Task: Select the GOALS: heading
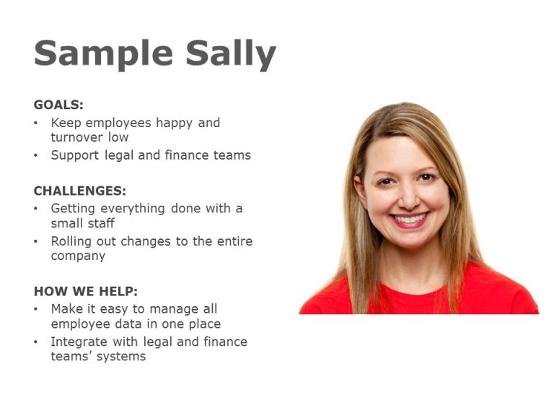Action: click(58, 105)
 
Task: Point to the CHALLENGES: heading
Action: click(79, 191)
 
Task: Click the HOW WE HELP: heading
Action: click(85, 292)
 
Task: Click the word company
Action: click(78, 256)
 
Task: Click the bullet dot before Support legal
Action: click(37, 156)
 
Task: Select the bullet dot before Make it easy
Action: click(37, 309)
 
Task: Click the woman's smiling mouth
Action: click(410, 218)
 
